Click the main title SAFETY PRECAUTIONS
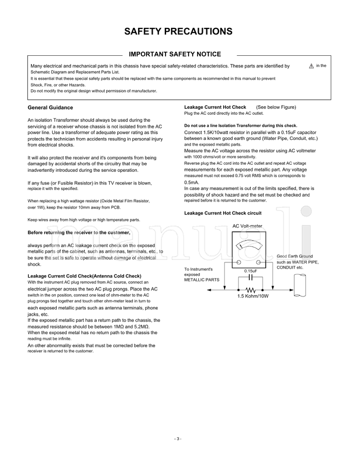pyautogui.click(x=178, y=31)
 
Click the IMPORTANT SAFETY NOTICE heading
pyautogui.click(x=175, y=54)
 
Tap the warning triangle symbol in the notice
pyautogui.click(x=311, y=66)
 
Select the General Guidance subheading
pyautogui.click(x=50, y=108)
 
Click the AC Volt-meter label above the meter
pyautogui.click(x=247, y=226)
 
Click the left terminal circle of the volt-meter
pyautogui.click(x=238, y=262)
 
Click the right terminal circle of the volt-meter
pyautogui.click(x=258, y=262)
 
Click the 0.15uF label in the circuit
pyautogui.click(x=251, y=271)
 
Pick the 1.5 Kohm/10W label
pyautogui.click(x=253, y=297)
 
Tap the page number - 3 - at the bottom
pyautogui.click(x=178, y=439)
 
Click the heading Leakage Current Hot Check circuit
pyautogui.click(x=223, y=213)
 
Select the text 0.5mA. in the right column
pyautogui.click(x=192, y=183)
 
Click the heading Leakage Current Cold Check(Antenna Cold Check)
pyautogui.click(x=85, y=276)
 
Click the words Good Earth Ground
pyautogui.click(x=295, y=255)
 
